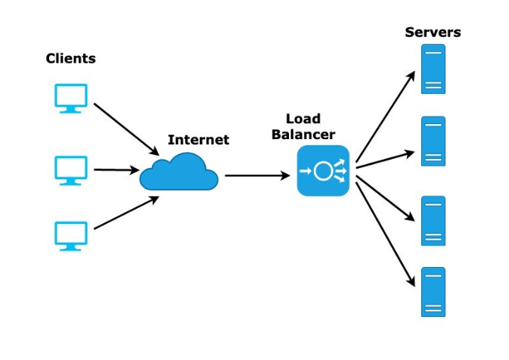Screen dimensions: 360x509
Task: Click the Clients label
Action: (71, 58)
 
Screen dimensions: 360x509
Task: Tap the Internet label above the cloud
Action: (198, 140)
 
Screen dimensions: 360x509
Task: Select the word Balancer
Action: (303, 135)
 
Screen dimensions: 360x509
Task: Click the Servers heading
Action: (433, 32)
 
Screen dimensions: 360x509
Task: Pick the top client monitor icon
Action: (71, 98)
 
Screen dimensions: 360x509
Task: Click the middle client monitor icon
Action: (71, 169)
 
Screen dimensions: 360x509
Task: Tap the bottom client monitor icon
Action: (71, 235)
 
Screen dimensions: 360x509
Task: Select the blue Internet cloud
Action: (179, 173)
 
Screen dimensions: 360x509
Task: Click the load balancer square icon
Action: (323, 171)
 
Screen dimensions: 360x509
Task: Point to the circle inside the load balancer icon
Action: (323, 171)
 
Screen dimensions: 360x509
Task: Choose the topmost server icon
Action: (433, 69)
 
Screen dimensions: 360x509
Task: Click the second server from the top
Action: (433, 141)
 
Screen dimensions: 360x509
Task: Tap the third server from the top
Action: (433, 221)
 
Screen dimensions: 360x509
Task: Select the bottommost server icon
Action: (433, 291)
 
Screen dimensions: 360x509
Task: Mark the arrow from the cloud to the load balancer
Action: (257, 175)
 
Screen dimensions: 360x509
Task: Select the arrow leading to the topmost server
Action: (385, 117)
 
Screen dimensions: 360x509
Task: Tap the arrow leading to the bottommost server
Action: (386, 234)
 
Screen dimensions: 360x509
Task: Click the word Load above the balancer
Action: (303, 119)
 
